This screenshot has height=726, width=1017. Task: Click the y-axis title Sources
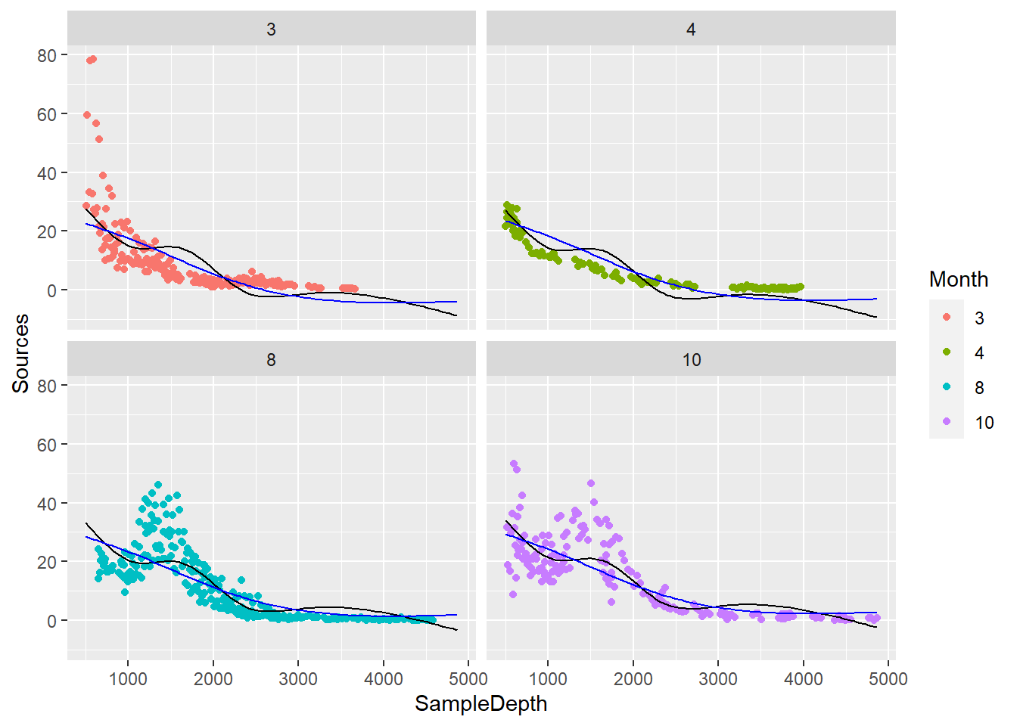20,353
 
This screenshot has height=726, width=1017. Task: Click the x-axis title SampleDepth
481,703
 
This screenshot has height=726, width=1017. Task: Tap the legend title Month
958,279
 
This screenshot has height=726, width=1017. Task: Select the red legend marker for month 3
947,318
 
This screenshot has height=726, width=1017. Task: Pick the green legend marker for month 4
947,352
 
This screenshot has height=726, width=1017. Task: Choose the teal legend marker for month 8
947,387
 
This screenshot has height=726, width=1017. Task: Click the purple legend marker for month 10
947,422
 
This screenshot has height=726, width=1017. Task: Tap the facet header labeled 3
271,29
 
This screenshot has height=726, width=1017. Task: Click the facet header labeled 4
691,29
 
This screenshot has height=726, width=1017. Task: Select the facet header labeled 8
271,360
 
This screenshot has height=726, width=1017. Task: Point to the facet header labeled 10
691,360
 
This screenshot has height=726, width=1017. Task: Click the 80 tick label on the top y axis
47,55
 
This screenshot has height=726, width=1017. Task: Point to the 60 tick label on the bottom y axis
47,445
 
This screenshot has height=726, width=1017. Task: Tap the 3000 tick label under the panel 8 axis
298,678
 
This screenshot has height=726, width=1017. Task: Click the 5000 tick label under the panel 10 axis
888,678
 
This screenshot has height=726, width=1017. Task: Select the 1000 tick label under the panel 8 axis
128,678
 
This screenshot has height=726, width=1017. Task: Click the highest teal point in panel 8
158,485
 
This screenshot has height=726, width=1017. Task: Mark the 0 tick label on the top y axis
51,290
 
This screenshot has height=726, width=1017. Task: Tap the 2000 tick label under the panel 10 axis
633,678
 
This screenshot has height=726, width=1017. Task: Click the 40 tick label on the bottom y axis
47,504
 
